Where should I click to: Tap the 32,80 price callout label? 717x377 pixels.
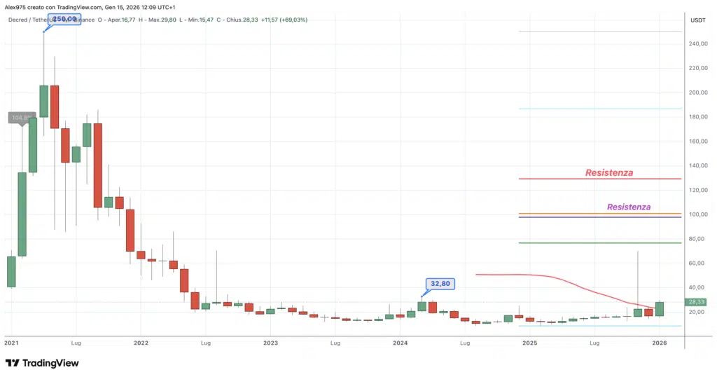coord(440,284)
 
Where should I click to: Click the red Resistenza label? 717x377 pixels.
coord(609,172)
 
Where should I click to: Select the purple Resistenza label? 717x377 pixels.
coord(629,207)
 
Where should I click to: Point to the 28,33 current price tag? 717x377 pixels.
coord(697,303)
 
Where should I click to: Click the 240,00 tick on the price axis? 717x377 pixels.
coord(697,43)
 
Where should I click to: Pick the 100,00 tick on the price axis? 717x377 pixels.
coord(697,214)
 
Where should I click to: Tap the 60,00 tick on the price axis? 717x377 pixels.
coord(697,263)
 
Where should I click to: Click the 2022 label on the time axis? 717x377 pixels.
coord(141,343)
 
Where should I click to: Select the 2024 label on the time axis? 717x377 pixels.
coord(401,343)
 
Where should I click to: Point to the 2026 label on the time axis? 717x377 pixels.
coord(660,343)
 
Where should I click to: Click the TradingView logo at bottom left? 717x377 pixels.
coord(42,363)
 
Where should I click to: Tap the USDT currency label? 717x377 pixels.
coord(697,20)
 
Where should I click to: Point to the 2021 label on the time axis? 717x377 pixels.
coord(12,343)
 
